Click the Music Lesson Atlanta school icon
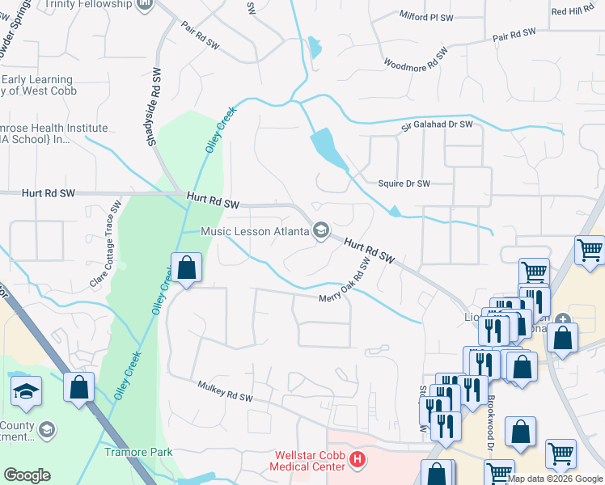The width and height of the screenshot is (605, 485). coord(320,232)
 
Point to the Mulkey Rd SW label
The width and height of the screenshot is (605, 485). coord(226,392)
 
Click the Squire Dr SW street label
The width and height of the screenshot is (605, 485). coord(404,183)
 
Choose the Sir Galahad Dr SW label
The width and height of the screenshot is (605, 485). coord(438,126)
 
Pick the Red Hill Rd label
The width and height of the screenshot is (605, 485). coord(572,11)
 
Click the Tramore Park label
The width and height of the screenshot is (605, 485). coord(138,452)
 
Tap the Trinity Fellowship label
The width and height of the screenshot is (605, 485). coord(89,4)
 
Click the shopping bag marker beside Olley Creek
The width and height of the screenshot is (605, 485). coord(186,268)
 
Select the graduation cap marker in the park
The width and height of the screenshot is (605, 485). coord(26,390)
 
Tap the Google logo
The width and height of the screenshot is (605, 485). coord(27,475)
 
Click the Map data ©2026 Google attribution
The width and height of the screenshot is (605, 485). coord(555,479)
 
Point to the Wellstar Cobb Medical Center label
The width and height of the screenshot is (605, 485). coord(311,462)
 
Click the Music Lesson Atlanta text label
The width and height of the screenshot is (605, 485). coord(255,232)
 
